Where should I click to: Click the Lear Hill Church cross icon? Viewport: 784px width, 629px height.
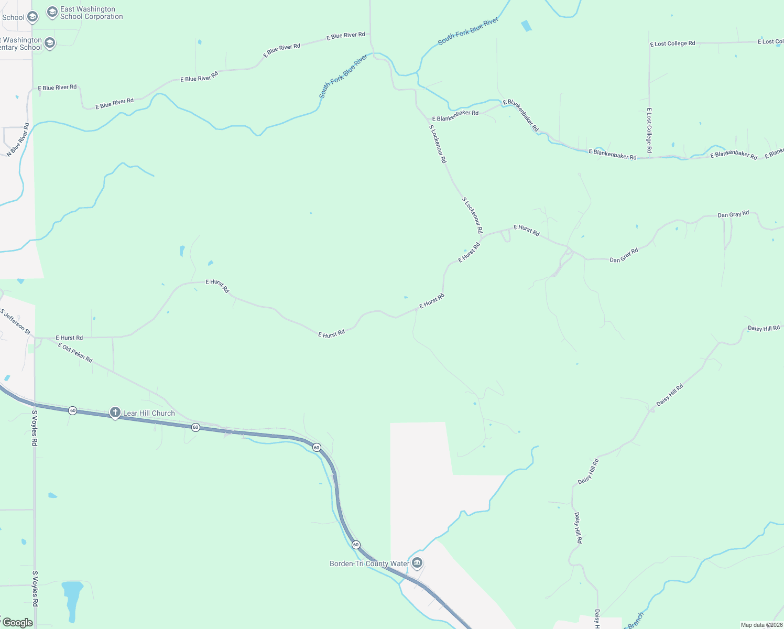coord(115,413)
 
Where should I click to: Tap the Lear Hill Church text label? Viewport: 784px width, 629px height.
coord(149,413)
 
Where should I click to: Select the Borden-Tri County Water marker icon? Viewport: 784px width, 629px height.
coord(417,563)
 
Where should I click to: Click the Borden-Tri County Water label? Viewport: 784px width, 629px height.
coord(369,564)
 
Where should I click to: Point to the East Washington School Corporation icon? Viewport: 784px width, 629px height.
coord(52,12)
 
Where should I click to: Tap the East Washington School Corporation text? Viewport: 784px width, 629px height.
coord(91,13)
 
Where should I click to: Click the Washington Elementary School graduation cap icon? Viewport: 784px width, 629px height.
coord(50,43)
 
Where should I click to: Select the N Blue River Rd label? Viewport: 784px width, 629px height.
coord(18,140)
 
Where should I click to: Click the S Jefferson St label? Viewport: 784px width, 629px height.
coord(16,322)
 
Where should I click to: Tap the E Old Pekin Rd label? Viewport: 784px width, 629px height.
coord(75,353)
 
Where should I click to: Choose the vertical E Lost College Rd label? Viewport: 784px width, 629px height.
coord(649,131)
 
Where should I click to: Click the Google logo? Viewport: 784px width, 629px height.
coord(17,623)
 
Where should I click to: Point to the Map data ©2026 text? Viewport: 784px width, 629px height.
coord(761,625)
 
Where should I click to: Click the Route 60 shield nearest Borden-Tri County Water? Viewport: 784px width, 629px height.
coord(356,545)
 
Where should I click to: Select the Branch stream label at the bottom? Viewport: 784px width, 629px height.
coord(635,620)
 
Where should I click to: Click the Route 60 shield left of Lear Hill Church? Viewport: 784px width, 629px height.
coord(72,410)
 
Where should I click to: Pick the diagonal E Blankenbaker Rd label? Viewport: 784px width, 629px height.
coord(520,115)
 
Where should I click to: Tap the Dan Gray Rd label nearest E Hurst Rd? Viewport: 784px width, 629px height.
coord(624,255)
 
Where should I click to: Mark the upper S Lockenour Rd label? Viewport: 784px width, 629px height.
coord(438,144)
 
